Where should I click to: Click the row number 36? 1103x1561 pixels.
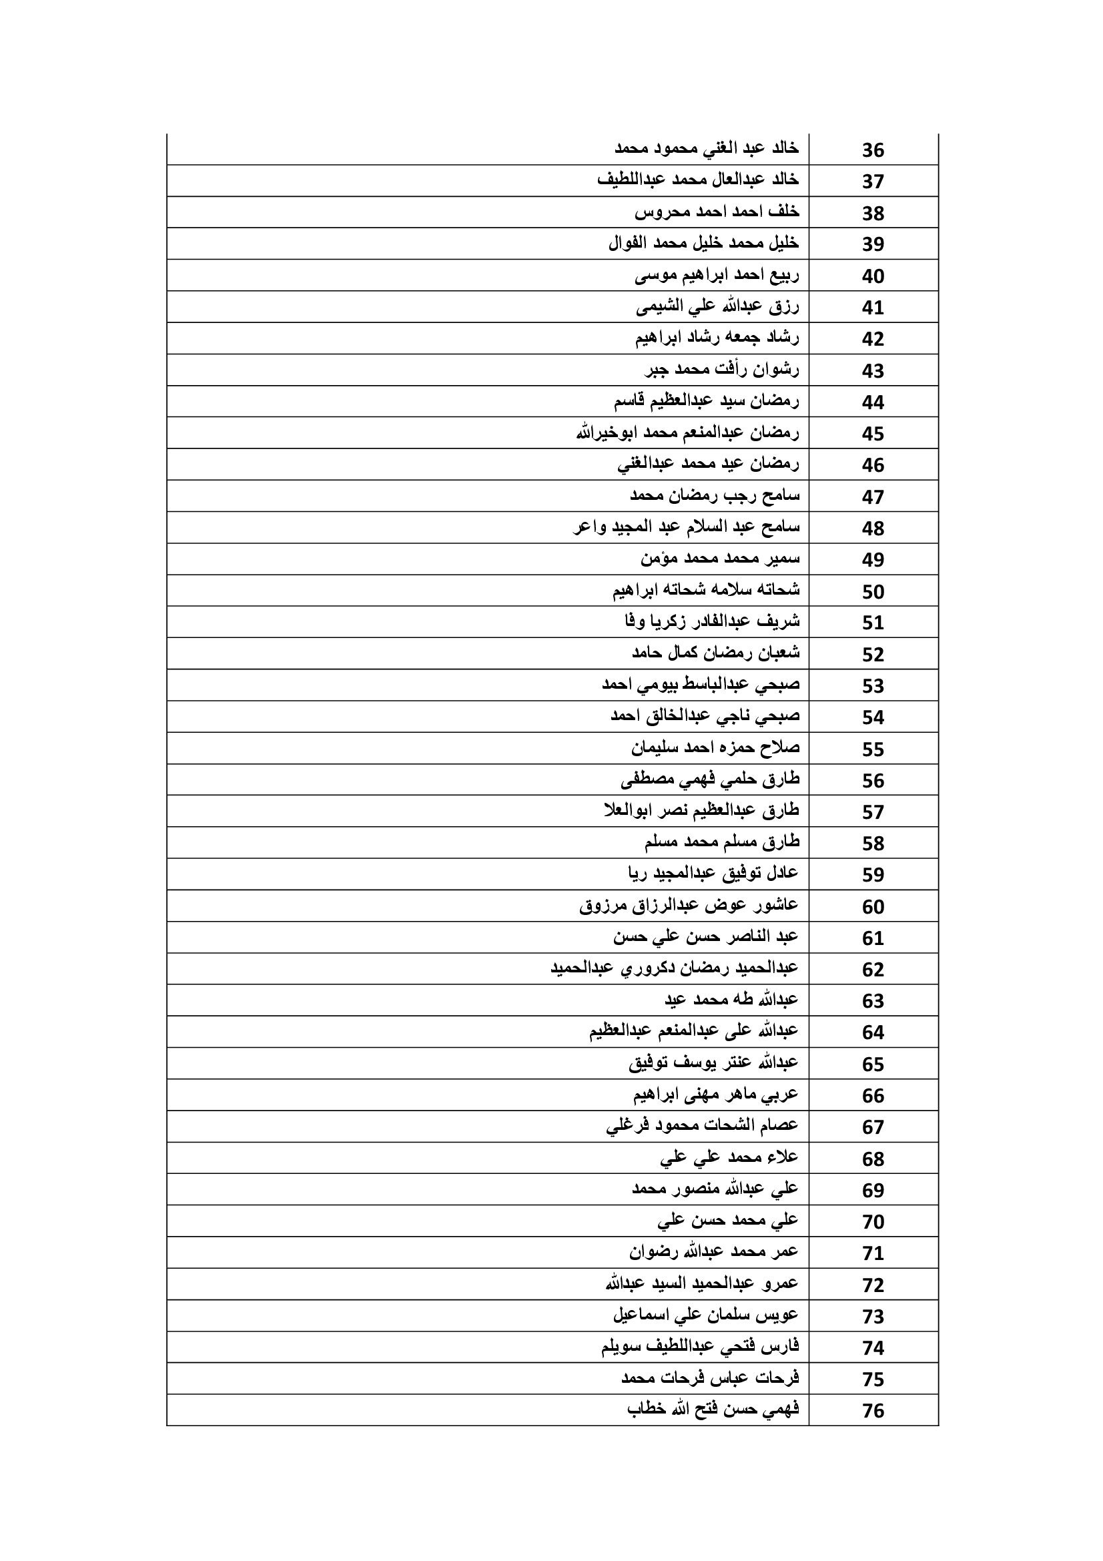click(x=873, y=149)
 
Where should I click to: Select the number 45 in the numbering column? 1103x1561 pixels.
click(x=873, y=434)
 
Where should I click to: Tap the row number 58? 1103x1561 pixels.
click(x=873, y=844)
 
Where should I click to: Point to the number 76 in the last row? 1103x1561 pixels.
click(x=873, y=1411)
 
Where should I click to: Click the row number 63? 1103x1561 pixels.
click(x=873, y=1002)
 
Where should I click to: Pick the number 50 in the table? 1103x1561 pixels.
click(x=873, y=591)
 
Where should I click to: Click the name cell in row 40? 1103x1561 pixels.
click(x=717, y=276)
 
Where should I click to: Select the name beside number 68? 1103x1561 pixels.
click(x=729, y=1157)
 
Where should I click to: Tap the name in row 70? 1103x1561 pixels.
click(x=728, y=1221)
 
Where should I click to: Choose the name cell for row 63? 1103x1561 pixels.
click(x=731, y=1000)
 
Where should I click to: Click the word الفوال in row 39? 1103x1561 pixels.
click(x=627, y=243)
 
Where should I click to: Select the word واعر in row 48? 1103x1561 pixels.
click(x=588, y=527)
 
